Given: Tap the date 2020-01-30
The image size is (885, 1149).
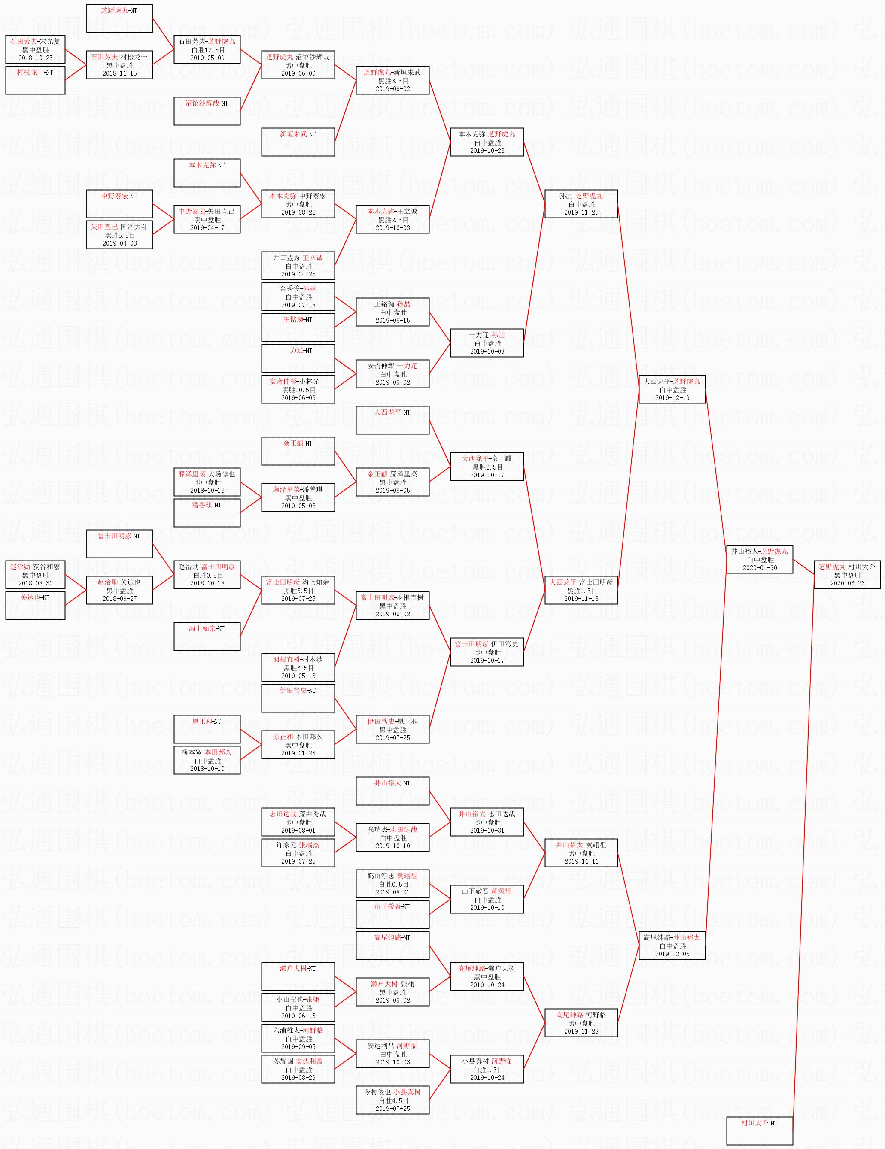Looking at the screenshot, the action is (x=759, y=568).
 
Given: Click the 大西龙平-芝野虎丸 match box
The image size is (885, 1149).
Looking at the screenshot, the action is (x=672, y=389).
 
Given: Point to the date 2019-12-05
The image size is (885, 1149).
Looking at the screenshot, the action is (x=672, y=954).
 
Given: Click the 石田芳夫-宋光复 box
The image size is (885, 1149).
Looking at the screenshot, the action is (x=35, y=49).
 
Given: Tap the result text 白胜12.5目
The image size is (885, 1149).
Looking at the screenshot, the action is (x=207, y=49).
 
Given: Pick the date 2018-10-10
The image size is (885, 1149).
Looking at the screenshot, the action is (x=207, y=769).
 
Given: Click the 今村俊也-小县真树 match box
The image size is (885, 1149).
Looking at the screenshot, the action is (x=392, y=1100).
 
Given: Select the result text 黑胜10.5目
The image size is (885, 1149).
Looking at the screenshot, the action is (x=298, y=390).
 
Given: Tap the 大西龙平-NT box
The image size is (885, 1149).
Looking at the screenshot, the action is (x=392, y=420).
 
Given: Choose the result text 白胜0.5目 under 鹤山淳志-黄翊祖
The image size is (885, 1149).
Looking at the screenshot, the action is (x=392, y=884).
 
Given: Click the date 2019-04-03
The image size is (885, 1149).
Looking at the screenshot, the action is (x=119, y=243).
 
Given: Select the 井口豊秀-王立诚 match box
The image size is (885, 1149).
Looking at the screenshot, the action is (x=298, y=266).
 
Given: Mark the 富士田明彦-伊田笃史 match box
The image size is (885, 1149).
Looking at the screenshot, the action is (x=487, y=652).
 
